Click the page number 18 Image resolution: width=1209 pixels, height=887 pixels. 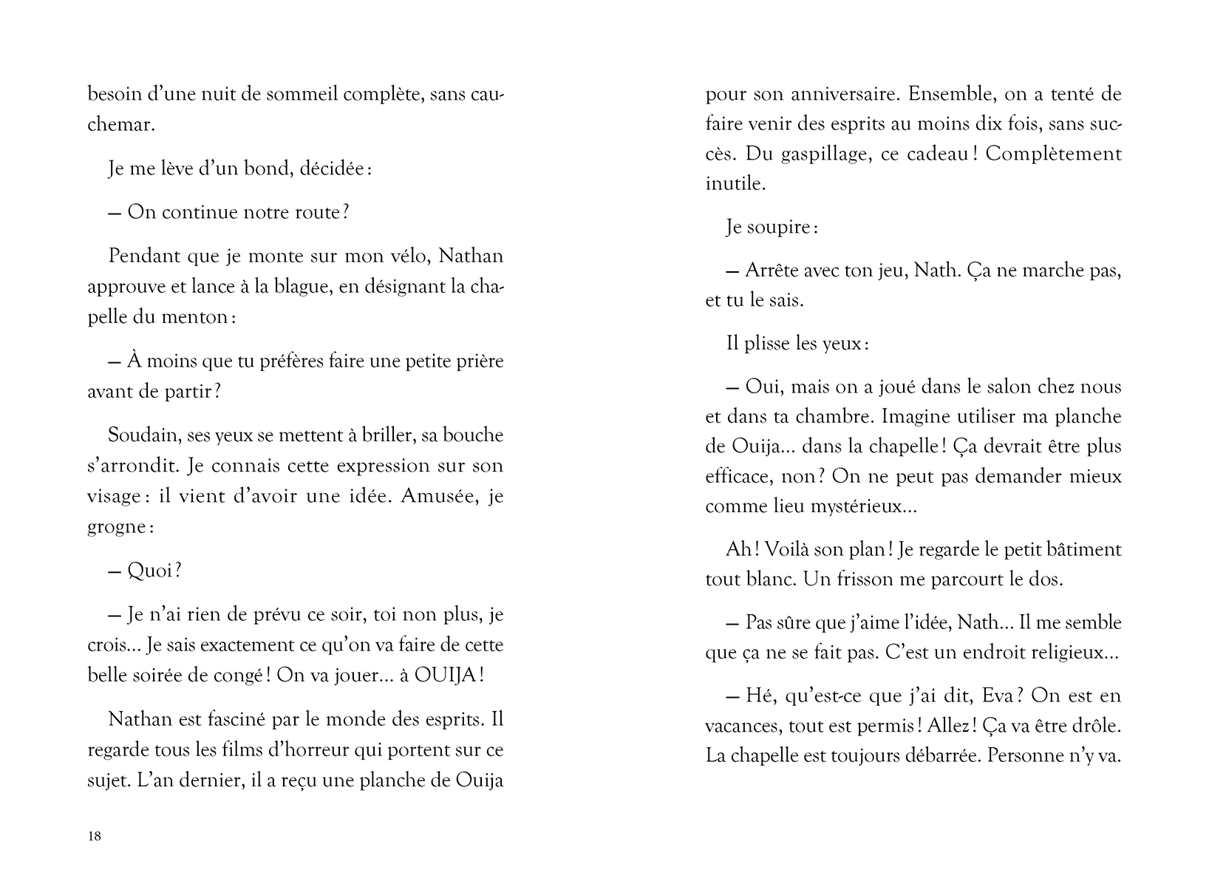pos(95,837)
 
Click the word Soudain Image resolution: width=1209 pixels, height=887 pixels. pos(143,435)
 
